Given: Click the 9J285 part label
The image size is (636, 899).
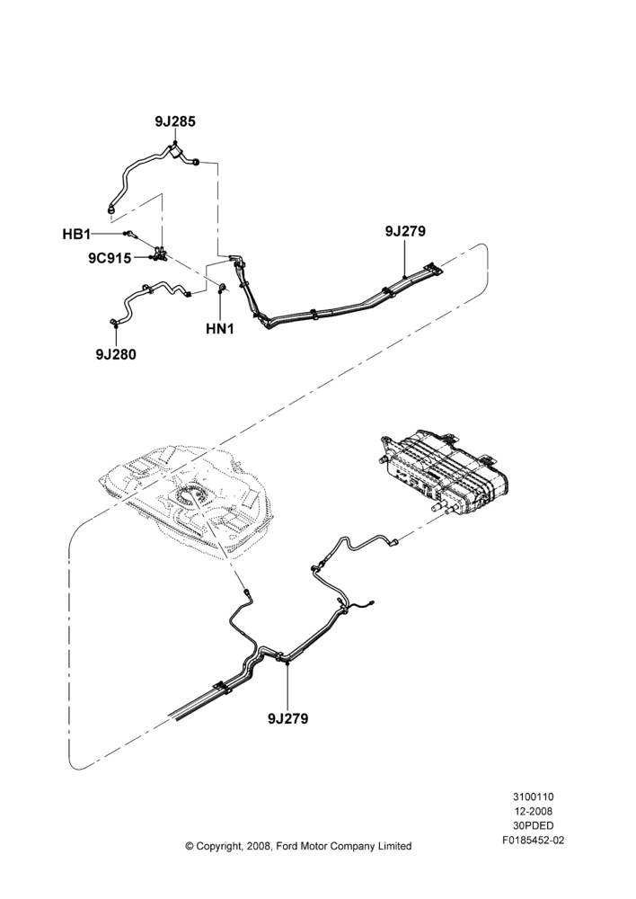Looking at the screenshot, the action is [x=175, y=121].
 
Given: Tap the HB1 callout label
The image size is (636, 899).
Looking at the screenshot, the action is [x=76, y=234].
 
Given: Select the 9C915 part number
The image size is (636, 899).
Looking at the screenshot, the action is [x=110, y=258].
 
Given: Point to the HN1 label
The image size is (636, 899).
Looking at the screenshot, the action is [x=220, y=329].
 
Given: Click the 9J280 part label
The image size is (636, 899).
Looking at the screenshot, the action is [x=116, y=354].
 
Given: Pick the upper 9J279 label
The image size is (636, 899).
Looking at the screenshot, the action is [x=405, y=231].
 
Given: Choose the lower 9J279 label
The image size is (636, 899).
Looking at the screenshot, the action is [x=287, y=717].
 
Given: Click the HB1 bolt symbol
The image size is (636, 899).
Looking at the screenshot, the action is [x=131, y=234].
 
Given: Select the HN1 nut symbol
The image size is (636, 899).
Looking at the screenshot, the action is [x=222, y=287].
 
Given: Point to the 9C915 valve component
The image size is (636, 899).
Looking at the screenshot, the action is [x=160, y=253].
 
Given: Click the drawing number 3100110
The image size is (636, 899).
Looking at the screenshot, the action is [x=533, y=797].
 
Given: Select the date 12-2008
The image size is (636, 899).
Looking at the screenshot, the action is [x=533, y=811].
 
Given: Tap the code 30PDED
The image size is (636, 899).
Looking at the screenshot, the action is [x=533, y=826].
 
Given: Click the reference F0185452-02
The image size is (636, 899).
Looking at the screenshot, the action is [x=533, y=841].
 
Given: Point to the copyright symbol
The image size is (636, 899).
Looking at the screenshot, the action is [x=189, y=846].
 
